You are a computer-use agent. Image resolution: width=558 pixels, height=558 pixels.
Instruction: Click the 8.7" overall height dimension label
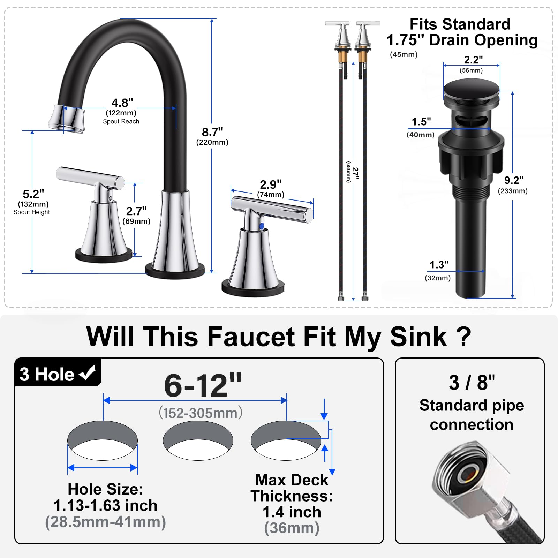(x=212, y=133)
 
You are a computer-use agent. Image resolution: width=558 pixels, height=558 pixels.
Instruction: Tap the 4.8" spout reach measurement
(x=122, y=103)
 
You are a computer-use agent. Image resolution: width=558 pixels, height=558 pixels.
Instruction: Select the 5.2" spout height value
(x=33, y=194)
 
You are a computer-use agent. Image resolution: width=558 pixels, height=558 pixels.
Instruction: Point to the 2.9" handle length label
(x=271, y=184)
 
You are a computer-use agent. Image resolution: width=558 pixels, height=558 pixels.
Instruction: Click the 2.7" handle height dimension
(x=136, y=211)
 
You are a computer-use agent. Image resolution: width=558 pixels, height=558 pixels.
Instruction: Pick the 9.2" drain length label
(x=514, y=180)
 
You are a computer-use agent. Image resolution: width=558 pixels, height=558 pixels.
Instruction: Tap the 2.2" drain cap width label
(x=473, y=60)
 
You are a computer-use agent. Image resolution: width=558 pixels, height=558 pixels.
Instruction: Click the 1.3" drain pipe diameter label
(x=439, y=265)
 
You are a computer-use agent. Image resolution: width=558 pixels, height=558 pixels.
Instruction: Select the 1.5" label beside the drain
(x=421, y=122)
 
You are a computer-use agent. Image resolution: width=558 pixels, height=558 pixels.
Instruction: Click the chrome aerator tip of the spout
(x=67, y=119)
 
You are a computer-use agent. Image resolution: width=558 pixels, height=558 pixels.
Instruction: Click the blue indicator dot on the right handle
(x=262, y=226)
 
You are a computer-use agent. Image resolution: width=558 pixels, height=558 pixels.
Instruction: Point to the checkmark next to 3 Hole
(x=87, y=373)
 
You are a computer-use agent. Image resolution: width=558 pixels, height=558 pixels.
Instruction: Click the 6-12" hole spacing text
(x=203, y=386)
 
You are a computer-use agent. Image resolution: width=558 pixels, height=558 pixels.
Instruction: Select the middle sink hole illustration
(x=198, y=440)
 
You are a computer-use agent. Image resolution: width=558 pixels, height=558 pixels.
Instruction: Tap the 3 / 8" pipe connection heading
(x=472, y=383)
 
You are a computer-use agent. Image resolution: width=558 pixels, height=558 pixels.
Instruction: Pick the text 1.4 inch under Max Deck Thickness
(x=292, y=512)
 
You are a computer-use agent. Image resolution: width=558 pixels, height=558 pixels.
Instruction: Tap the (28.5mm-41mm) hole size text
(x=105, y=522)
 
